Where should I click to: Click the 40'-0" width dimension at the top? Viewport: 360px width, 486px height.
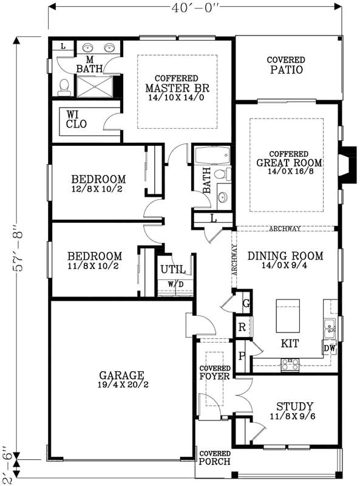(x=195, y=8)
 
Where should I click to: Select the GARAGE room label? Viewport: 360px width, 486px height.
(x=121, y=375)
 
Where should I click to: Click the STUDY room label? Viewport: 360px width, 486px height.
(x=294, y=406)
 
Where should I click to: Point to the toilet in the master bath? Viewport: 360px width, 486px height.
(x=64, y=87)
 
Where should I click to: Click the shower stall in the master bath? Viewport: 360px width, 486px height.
(x=95, y=86)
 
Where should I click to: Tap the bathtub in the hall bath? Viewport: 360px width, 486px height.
(x=212, y=156)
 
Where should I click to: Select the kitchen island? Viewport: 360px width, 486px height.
(x=288, y=315)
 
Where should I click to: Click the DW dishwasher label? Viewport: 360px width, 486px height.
(x=329, y=349)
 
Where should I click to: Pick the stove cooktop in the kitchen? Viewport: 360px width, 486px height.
(x=290, y=364)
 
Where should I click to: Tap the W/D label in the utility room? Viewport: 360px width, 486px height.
(x=175, y=284)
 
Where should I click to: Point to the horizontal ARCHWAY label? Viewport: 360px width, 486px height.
(x=285, y=229)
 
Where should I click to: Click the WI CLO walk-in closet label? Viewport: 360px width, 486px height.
(x=76, y=120)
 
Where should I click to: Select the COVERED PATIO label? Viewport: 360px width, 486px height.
(x=286, y=65)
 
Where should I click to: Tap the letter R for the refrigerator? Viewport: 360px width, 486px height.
(x=242, y=327)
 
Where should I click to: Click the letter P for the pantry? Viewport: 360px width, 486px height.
(x=242, y=356)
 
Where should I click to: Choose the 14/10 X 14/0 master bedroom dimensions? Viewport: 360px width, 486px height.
(x=177, y=98)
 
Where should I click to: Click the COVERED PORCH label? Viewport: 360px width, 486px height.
(x=215, y=458)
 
